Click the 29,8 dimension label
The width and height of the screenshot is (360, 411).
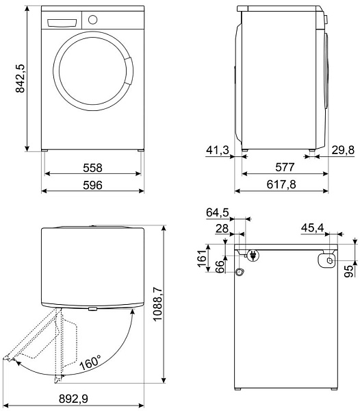pos(342,149)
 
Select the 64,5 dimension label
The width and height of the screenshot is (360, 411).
pos(217,213)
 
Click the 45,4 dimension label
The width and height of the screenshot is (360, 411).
pos(311,228)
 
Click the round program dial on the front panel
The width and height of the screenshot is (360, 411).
pos(93,20)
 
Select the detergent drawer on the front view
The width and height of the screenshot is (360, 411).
pos(59,22)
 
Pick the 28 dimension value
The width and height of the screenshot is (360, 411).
pos(220,228)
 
